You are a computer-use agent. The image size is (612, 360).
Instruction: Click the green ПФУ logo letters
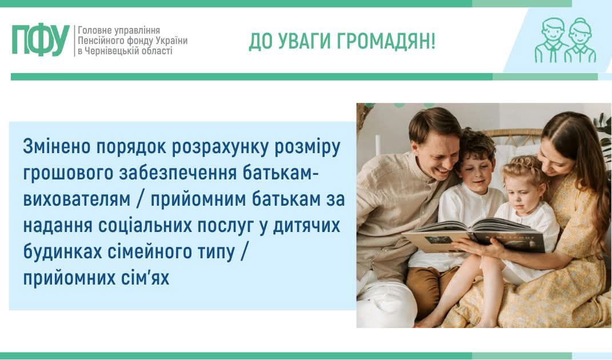click(41, 40)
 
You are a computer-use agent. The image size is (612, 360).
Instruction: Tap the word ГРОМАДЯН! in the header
click(386, 41)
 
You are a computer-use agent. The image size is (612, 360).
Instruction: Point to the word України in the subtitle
click(171, 41)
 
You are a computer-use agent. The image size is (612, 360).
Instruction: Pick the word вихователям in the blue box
click(77, 199)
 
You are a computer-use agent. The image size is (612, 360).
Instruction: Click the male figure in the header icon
click(551, 39)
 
